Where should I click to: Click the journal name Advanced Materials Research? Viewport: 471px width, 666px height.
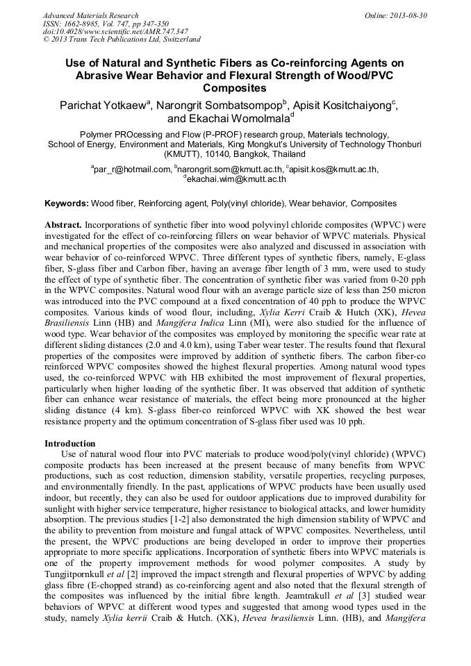coord(90,15)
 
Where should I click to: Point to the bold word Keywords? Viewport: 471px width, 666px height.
coord(67,203)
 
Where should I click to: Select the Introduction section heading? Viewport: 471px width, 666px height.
coord(69,442)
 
